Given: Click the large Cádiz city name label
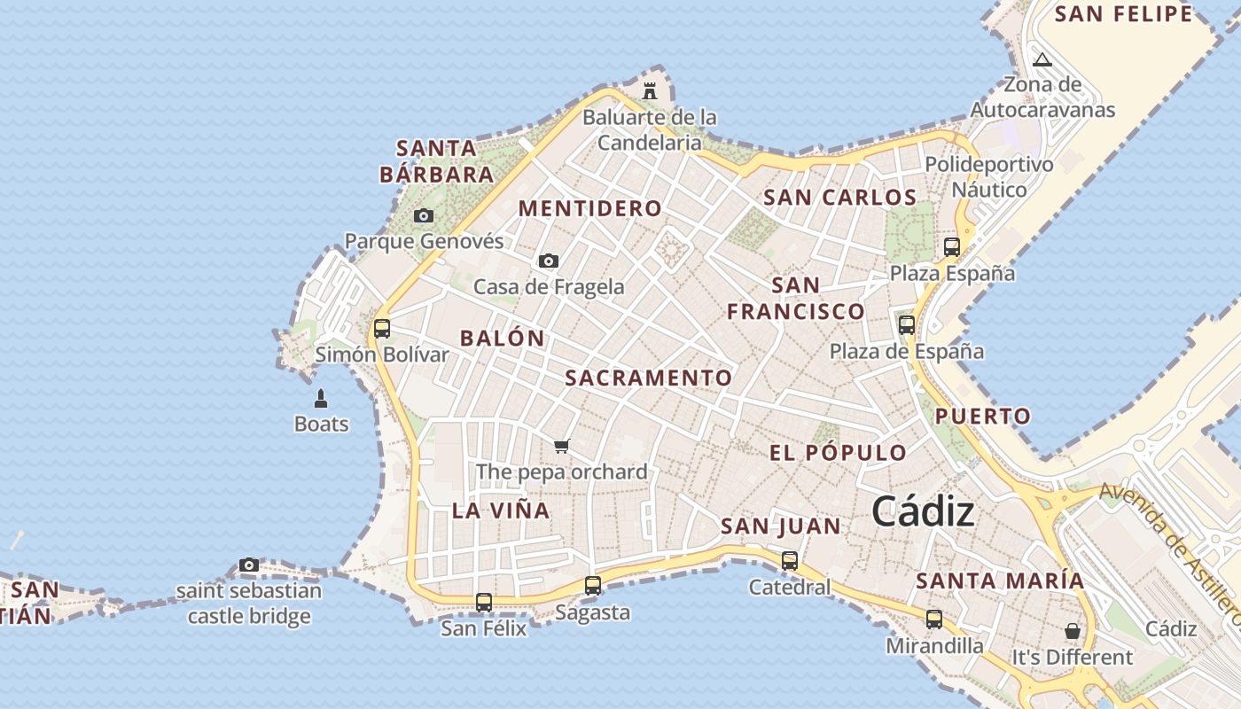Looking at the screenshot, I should pos(923,511).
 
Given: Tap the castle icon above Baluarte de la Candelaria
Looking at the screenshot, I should pos(650,90).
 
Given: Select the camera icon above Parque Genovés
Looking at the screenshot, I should pos(424,215).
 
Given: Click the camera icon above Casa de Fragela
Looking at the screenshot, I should pos(549,261).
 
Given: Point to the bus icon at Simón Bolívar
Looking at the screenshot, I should pos(382,329).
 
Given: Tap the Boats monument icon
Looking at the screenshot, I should pos(321,399).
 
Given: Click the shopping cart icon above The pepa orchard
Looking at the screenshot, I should pos(561,446).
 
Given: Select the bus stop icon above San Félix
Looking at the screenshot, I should pos(484,603).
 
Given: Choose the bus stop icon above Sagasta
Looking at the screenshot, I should pos(593,586).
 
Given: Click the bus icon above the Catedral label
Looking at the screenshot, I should pos(790,561).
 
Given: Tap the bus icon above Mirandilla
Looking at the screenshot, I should pos(934,619).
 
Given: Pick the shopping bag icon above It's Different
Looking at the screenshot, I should pos(1073,631).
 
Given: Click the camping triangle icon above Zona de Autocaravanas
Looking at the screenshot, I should pos(1042,60).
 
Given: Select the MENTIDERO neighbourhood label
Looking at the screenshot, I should pos(589,209).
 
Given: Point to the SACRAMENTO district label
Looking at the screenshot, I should pos(649,378).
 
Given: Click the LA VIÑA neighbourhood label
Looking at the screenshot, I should pos(501,510).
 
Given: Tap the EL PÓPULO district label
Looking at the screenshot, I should pos(838,453).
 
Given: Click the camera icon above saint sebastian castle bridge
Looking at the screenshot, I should pos(249,565).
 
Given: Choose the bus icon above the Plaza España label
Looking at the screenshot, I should pos(952,247).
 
